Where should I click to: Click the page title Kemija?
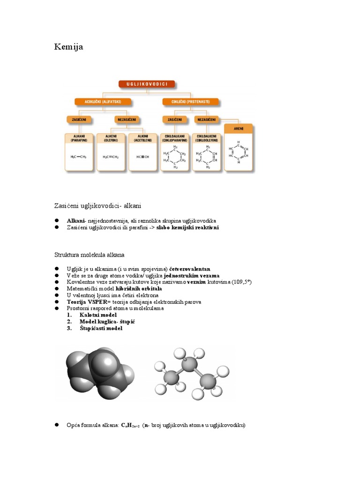pyautogui.click(x=68, y=47)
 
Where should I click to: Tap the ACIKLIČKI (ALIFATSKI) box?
pyautogui.click(x=101, y=101)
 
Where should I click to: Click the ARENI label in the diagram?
pyautogui.click(x=239, y=127)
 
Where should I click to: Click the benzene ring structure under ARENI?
pyautogui.click(x=239, y=152)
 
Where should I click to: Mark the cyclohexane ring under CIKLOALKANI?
pyautogui.click(x=175, y=157)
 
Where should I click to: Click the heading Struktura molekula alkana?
pyautogui.click(x=89, y=255)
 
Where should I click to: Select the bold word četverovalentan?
pyautogui.click(x=190, y=269)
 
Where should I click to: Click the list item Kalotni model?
pyautogui.click(x=98, y=315)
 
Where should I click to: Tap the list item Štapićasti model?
pyautogui.click(x=101, y=329)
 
